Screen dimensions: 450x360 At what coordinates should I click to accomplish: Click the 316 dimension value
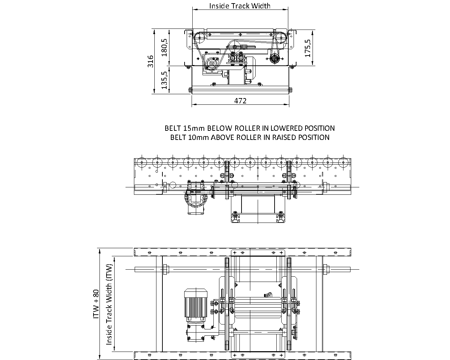[x=150, y=61]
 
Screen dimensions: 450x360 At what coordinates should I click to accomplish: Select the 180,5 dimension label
[x=165, y=47]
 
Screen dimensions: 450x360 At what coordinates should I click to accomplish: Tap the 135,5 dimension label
[x=165, y=80]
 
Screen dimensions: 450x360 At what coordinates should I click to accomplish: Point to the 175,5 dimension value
[x=308, y=48]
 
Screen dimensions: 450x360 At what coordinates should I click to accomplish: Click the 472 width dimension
[x=240, y=101]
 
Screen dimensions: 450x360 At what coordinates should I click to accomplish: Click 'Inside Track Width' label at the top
[x=240, y=6]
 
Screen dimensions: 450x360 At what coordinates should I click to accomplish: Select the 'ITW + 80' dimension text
[x=96, y=304]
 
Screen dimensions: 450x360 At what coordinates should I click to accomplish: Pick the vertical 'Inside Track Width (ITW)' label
[x=109, y=304]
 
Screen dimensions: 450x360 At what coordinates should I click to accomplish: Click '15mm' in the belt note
[x=194, y=128]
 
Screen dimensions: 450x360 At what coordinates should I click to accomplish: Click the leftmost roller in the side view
[x=142, y=162]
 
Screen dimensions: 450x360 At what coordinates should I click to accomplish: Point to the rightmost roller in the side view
[x=343, y=162]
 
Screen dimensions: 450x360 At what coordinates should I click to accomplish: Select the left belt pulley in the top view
[x=199, y=38]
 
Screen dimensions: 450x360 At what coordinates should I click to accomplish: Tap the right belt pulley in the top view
[x=281, y=38]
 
